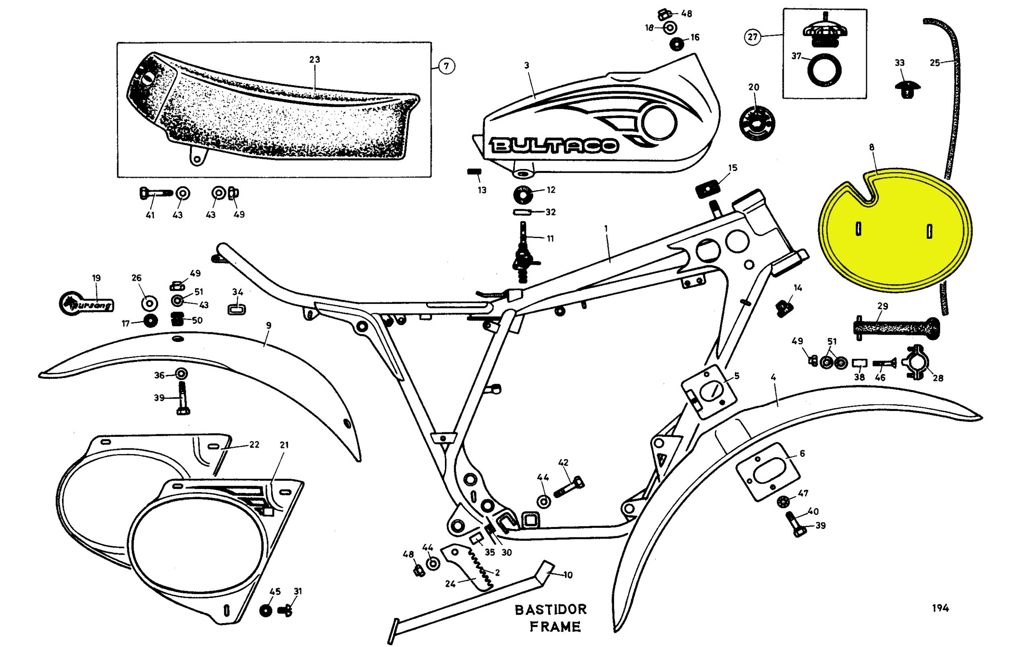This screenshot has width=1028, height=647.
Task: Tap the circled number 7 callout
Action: pyautogui.click(x=446, y=66)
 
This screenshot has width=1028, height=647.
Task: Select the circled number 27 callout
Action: pyautogui.click(x=752, y=37)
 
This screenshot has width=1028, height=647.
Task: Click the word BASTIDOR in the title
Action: pyautogui.click(x=551, y=609)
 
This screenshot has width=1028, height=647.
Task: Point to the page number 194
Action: pyautogui.click(x=940, y=608)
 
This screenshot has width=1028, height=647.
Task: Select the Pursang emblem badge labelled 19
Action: pyautogui.click(x=86, y=303)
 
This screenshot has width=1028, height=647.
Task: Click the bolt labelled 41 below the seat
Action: pyautogui.click(x=155, y=193)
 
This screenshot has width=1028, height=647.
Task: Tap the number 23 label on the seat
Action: pyautogui.click(x=315, y=59)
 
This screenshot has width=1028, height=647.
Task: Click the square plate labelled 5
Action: pyautogui.click(x=709, y=391)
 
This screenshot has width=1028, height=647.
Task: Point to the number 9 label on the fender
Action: pyautogui.click(x=269, y=325)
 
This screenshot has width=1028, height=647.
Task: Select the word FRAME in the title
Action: pyautogui.click(x=555, y=627)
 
